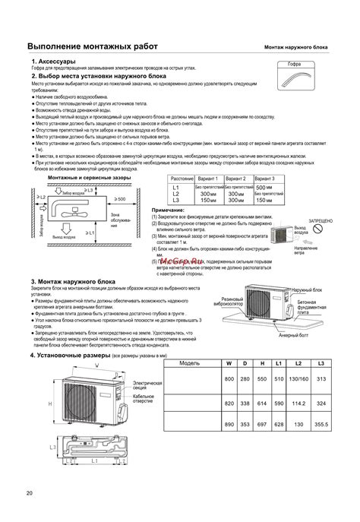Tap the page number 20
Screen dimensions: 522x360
[30, 495]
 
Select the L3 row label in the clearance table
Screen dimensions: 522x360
[175, 200]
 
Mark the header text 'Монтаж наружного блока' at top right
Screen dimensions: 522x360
[297, 47]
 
